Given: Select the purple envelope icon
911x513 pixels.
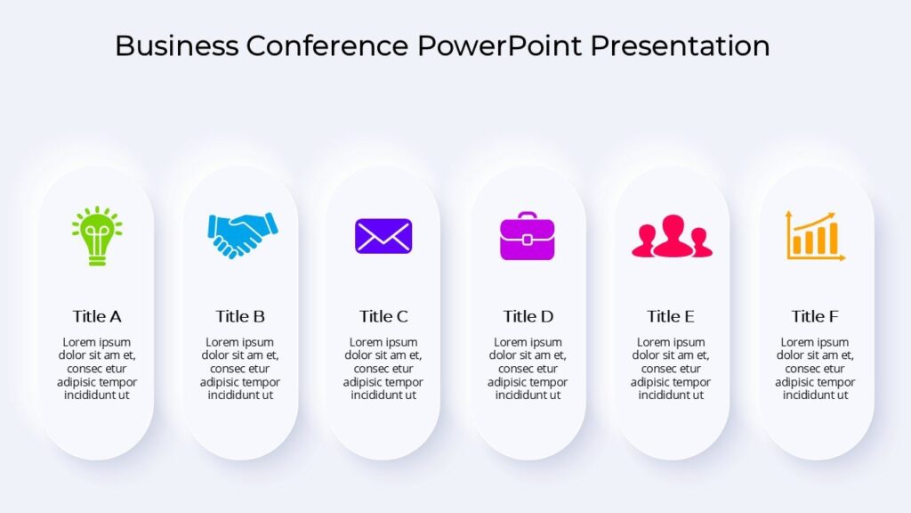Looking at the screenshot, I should [383, 236].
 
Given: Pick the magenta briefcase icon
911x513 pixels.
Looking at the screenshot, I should [527, 238].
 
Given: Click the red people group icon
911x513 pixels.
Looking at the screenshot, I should [672, 238].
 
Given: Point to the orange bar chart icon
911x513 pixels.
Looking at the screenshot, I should [815, 236].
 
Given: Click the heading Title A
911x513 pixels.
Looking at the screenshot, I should [97, 316].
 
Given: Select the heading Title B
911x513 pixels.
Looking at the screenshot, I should [240, 316].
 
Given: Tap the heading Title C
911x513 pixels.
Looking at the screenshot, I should [383, 316].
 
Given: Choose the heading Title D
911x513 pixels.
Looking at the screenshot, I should [528, 316].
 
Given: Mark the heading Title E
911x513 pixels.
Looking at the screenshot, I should [671, 316].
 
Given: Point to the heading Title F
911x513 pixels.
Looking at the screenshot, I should [815, 316].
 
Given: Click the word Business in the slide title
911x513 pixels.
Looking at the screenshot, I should [176, 45].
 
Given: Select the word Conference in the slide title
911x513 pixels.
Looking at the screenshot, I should [327, 45].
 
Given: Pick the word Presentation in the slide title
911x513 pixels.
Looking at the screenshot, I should [681, 45].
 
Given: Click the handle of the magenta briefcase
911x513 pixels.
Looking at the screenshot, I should [527, 216].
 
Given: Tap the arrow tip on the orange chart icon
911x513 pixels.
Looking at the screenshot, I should [833, 215].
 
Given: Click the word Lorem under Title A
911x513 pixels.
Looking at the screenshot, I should [78, 342].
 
